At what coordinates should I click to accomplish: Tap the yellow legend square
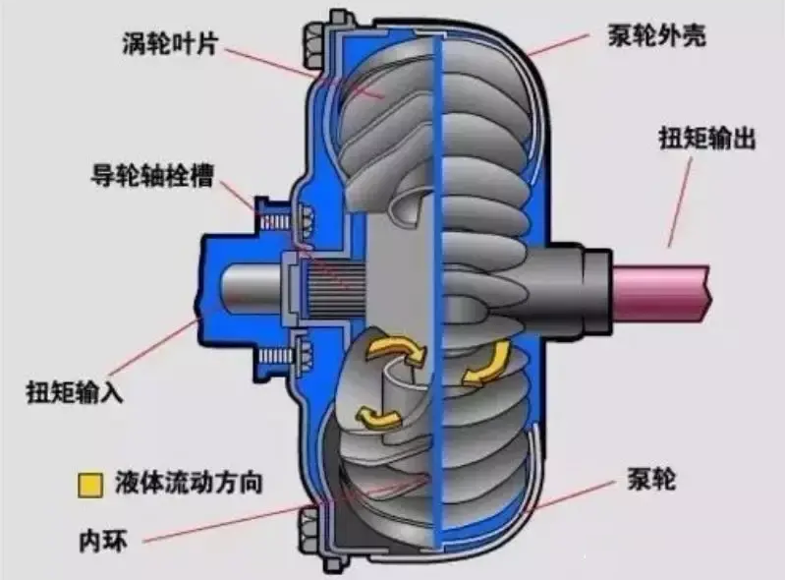tap(92, 485)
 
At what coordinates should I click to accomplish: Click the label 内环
tap(101, 537)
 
